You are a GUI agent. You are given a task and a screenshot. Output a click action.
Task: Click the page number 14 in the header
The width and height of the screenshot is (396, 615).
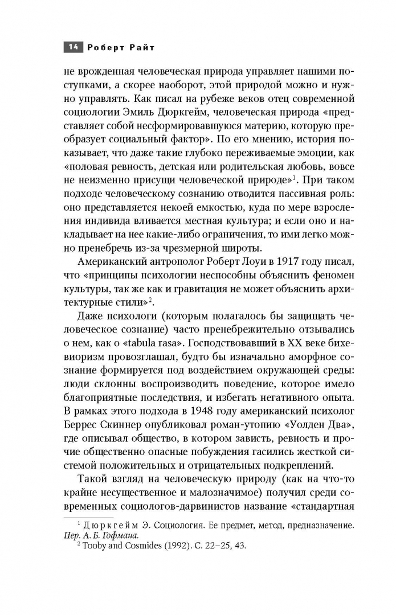click(x=73, y=48)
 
